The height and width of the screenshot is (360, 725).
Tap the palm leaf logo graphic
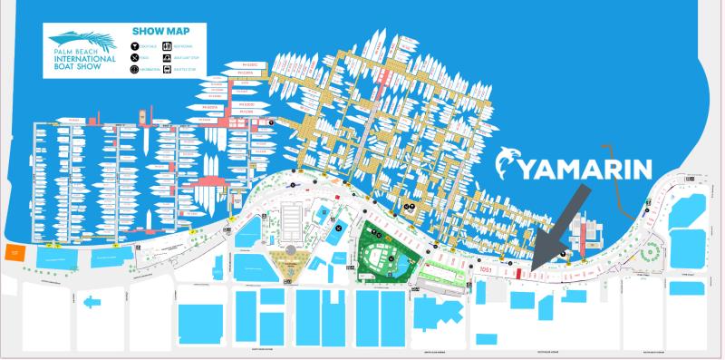78,38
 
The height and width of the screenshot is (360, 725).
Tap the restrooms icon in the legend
169,44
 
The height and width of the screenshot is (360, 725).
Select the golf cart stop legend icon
169,56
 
